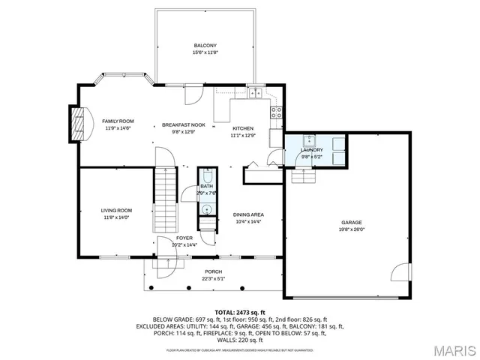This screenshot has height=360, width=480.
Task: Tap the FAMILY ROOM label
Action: pos(118,121)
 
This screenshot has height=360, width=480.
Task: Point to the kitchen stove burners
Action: pos(276,114)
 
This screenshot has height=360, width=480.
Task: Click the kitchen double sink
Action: pos(256,94)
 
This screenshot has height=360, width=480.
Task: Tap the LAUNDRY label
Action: pos(311,150)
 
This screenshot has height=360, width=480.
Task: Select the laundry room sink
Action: pos(309,140)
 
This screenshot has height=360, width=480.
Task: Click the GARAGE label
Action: pos(352,223)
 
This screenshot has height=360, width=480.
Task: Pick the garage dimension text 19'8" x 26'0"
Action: pos(352,230)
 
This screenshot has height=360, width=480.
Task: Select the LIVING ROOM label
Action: pos(117,211)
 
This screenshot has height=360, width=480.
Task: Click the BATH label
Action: pos(206,186)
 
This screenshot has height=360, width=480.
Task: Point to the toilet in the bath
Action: pos(207,209)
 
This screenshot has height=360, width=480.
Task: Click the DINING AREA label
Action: pos(248,214)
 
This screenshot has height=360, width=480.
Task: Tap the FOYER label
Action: pos(184,238)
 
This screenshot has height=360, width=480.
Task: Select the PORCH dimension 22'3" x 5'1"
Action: pos(213,279)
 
